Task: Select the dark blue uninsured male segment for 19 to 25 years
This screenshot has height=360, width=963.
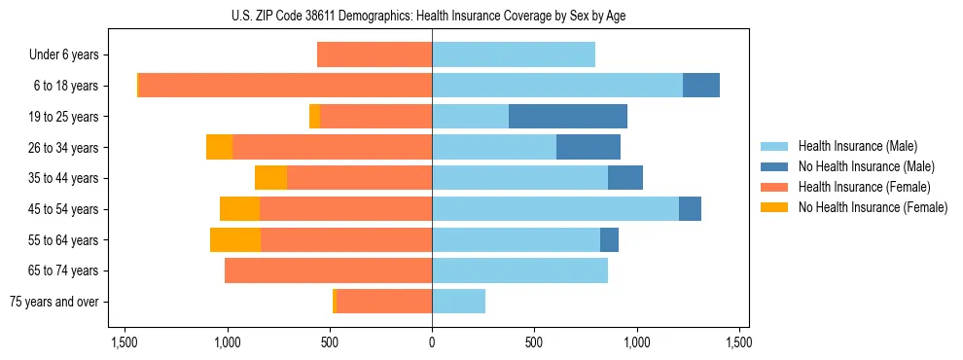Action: pos(568,117)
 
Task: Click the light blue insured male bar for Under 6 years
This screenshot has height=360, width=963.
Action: pos(514,54)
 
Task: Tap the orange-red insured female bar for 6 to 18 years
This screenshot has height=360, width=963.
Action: pos(285,86)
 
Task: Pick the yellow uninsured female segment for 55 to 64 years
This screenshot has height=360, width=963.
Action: pos(235,240)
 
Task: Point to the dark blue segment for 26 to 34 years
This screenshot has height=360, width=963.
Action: pos(588,148)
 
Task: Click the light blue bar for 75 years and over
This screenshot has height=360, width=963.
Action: pos(458,302)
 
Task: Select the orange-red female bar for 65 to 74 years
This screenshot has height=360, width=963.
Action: pos(328,270)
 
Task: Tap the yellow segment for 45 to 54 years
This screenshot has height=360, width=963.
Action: pos(239,209)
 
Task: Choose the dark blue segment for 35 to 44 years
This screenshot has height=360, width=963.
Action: pos(625,178)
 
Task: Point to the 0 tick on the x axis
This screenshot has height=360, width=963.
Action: pos(432,342)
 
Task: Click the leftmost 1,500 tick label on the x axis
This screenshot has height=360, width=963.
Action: pos(125,342)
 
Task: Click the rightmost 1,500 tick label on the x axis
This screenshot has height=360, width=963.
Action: pos(738,342)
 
